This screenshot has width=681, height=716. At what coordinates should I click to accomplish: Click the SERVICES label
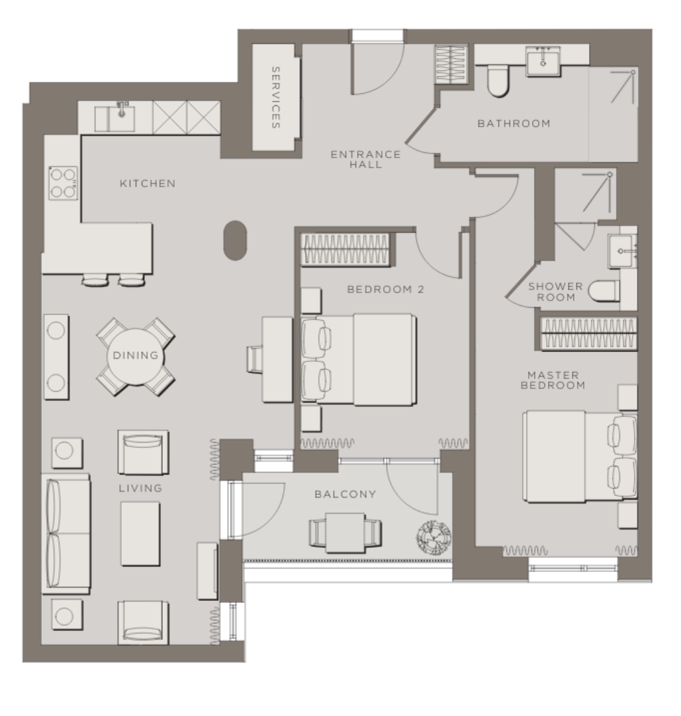click(x=275, y=97)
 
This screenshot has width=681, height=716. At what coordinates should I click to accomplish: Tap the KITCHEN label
click(x=148, y=183)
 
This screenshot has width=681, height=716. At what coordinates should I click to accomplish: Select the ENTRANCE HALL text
click(x=366, y=159)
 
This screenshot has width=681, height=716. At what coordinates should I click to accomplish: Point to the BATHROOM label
click(x=514, y=123)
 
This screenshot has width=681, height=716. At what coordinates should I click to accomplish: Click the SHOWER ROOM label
click(x=556, y=292)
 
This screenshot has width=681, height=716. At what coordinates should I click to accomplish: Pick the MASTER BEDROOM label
click(x=553, y=380)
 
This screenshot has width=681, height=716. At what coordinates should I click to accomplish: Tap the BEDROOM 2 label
click(x=386, y=289)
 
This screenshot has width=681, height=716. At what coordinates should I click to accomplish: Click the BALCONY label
click(x=345, y=494)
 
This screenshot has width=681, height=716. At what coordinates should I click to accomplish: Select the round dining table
click(x=136, y=357)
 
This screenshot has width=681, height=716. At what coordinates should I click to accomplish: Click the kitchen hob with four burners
click(x=63, y=183)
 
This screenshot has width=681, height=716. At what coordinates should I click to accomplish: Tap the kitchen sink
click(x=115, y=118)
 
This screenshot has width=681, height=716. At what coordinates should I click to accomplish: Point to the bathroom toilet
click(x=498, y=80)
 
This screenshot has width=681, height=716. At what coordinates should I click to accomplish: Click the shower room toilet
click(x=604, y=291)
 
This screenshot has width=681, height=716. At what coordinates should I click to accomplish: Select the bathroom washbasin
click(x=543, y=61)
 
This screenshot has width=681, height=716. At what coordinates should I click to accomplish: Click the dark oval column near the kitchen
click(x=235, y=241)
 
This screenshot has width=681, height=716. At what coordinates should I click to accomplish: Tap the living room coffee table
click(x=140, y=534)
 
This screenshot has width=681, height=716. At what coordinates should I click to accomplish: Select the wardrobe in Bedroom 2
click(x=345, y=249)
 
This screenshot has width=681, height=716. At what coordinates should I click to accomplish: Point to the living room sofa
click(x=66, y=533)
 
